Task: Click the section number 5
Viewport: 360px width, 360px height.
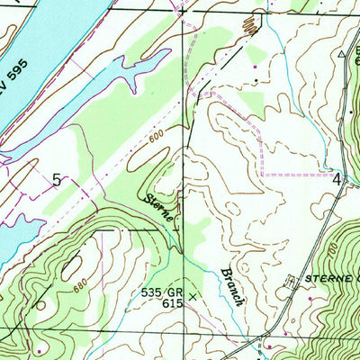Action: (x=57, y=180)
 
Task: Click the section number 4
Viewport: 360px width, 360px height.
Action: (x=337, y=178)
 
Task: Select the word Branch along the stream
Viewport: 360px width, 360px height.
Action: (x=230, y=286)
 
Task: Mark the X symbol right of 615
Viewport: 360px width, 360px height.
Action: (x=191, y=294)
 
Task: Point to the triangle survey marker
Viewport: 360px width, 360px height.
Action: (x=342, y=54)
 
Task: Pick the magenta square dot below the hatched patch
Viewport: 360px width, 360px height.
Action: (x=256, y=66)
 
